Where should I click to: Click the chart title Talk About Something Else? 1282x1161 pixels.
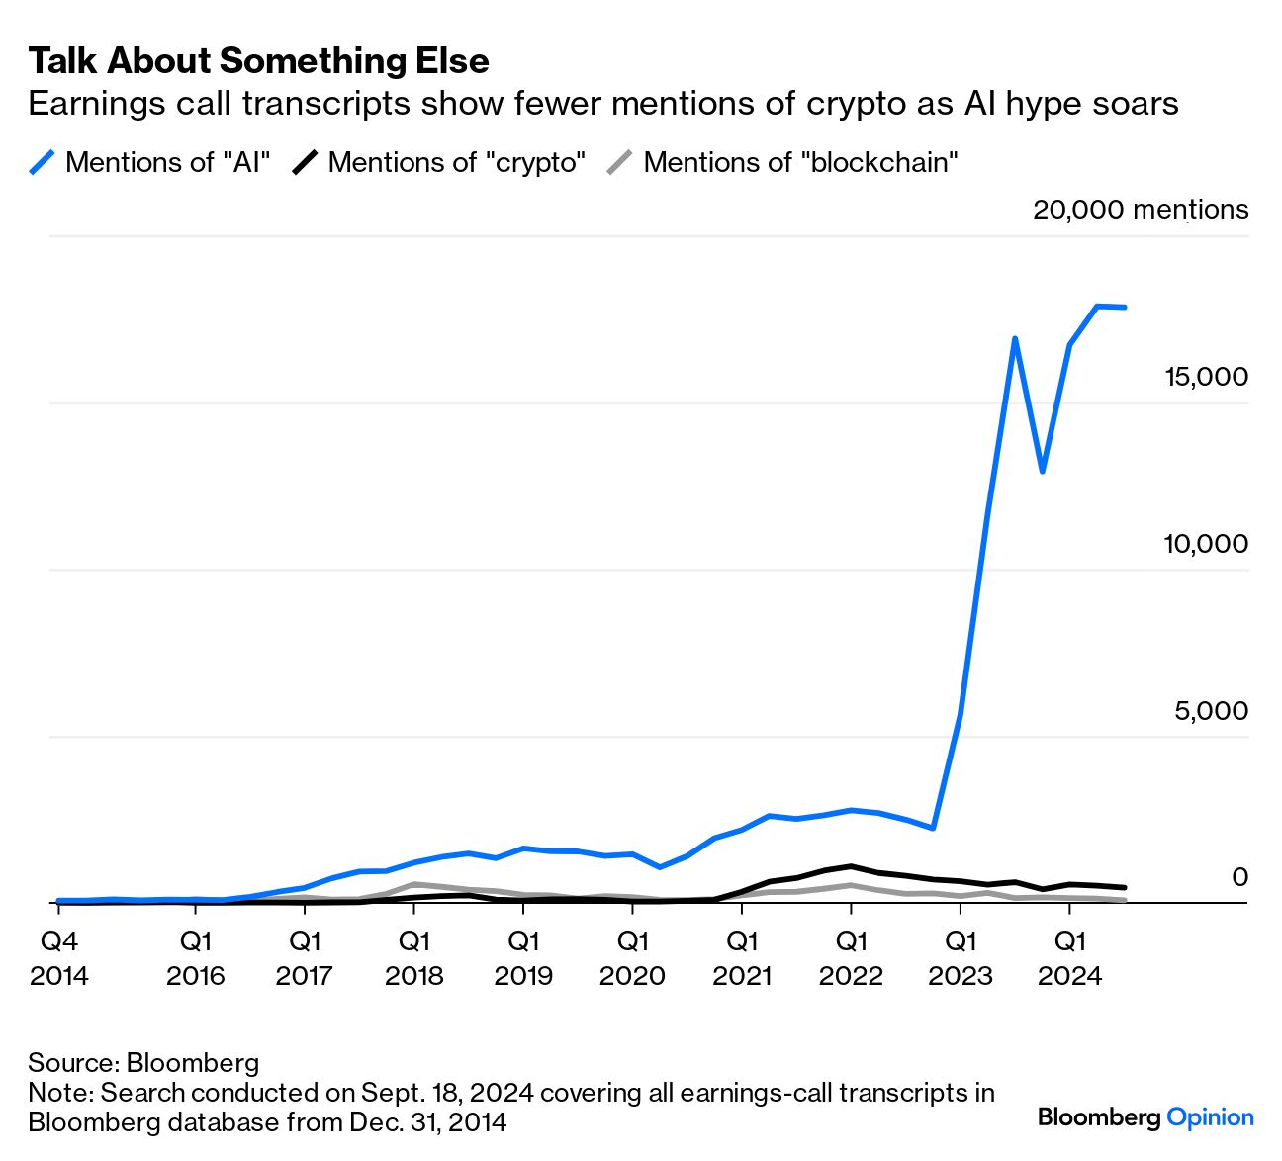(x=258, y=61)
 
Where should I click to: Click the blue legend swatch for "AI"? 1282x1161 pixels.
(x=43, y=162)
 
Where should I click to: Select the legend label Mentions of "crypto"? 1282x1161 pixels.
(x=457, y=162)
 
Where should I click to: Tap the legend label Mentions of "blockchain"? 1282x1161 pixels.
(x=800, y=162)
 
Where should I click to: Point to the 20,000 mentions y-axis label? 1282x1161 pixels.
(x=1140, y=210)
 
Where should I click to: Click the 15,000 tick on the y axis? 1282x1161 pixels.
(x=1206, y=377)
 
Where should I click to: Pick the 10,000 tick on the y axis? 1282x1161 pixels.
(x=1206, y=544)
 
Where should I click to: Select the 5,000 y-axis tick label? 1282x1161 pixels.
(x=1211, y=711)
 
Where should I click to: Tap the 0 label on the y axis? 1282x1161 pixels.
(x=1238, y=877)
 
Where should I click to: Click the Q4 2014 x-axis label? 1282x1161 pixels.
(x=59, y=957)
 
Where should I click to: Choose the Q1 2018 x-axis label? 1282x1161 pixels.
(x=413, y=957)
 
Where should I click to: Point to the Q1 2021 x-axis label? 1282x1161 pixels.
(x=742, y=957)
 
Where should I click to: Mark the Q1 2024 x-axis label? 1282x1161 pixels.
(x=1069, y=957)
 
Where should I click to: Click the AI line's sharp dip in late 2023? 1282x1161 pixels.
(x=1042, y=472)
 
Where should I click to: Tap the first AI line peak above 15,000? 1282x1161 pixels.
(x=1015, y=339)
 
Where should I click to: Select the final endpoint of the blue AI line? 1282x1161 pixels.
(x=1124, y=308)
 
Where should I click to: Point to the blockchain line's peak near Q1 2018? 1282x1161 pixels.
(x=414, y=884)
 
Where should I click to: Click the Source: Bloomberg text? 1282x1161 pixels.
(x=143, y=1063)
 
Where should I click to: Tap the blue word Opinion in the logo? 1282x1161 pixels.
(x=1210, y=1117)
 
